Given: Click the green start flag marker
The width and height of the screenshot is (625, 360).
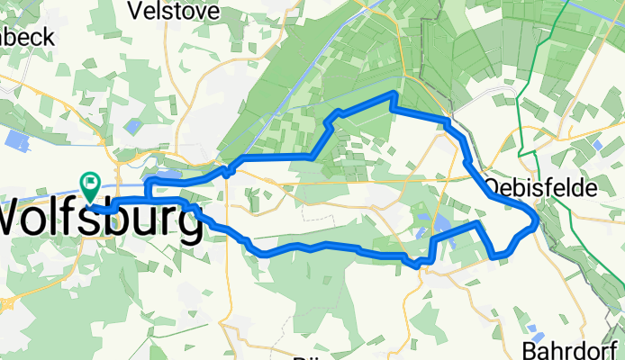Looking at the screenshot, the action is point(91,184).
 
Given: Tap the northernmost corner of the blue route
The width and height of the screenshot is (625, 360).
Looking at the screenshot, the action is point(394,94).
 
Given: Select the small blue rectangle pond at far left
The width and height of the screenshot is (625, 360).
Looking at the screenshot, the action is point(18,139).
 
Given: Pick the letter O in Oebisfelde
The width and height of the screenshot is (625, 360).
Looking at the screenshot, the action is point(492,187).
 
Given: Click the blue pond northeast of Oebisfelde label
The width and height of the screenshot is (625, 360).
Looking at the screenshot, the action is point(597,143).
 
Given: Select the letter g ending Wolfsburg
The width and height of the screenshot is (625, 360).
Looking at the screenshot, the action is point(187,223).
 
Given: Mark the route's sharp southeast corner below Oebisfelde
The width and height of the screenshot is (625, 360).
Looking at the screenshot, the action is point(496,256).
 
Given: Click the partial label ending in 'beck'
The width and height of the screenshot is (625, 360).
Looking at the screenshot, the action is point(27,37).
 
